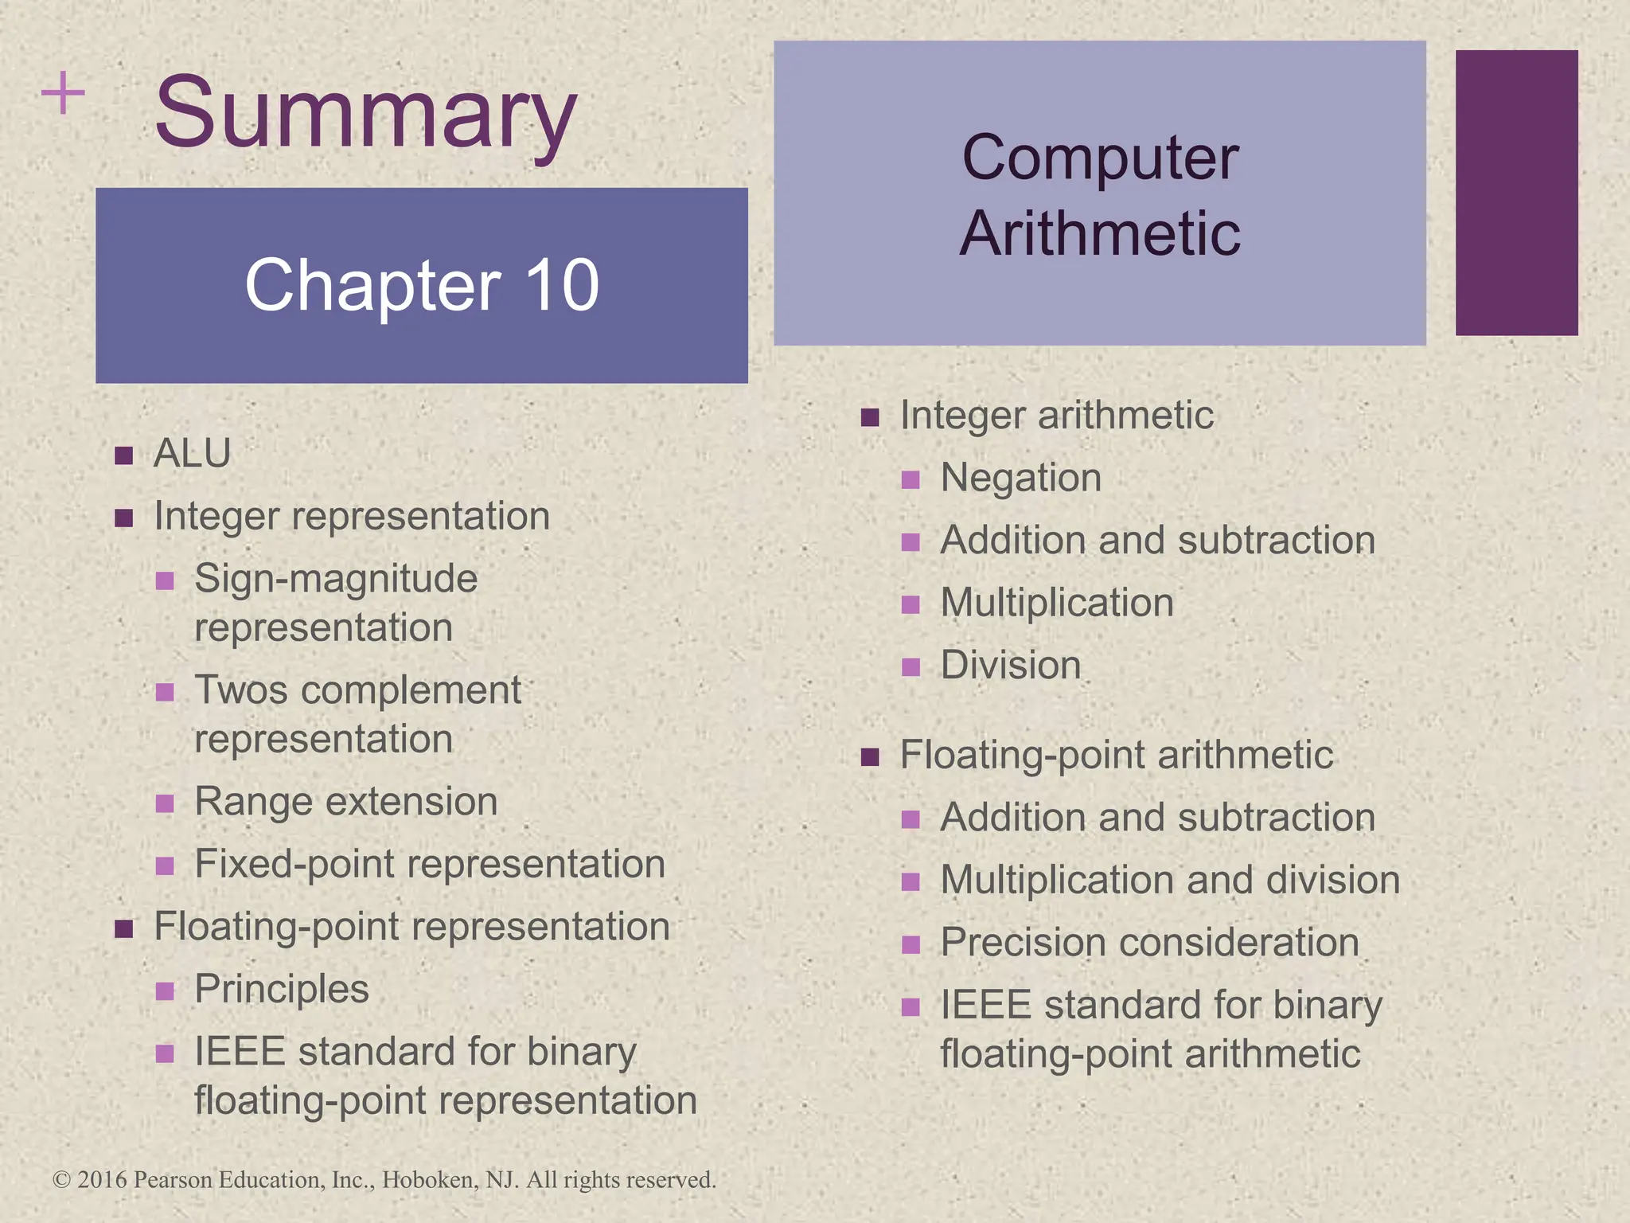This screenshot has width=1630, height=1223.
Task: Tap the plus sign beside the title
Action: (63, 94)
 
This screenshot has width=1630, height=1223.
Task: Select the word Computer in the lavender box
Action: (1100, 158)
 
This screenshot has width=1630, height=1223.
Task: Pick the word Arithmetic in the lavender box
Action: (1100, 233)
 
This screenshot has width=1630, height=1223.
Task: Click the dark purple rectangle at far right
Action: (1516, 193)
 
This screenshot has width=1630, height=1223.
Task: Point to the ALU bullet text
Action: (192, 454)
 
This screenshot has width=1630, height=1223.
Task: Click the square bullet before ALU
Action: (123, 455)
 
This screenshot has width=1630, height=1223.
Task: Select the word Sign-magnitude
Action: (336, 579)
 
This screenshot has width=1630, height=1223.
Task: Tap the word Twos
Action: (241, 690)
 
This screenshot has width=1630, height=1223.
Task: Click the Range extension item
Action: (346, 802)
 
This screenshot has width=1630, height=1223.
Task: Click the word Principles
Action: (282, 990)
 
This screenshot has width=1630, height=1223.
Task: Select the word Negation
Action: (1021, 478)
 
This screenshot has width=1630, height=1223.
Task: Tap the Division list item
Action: (1011, 665)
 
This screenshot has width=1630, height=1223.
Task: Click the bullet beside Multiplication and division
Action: (911, 882)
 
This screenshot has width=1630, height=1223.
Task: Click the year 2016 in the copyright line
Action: (102, 1180)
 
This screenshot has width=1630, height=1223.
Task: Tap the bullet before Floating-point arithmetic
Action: (870, 756)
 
